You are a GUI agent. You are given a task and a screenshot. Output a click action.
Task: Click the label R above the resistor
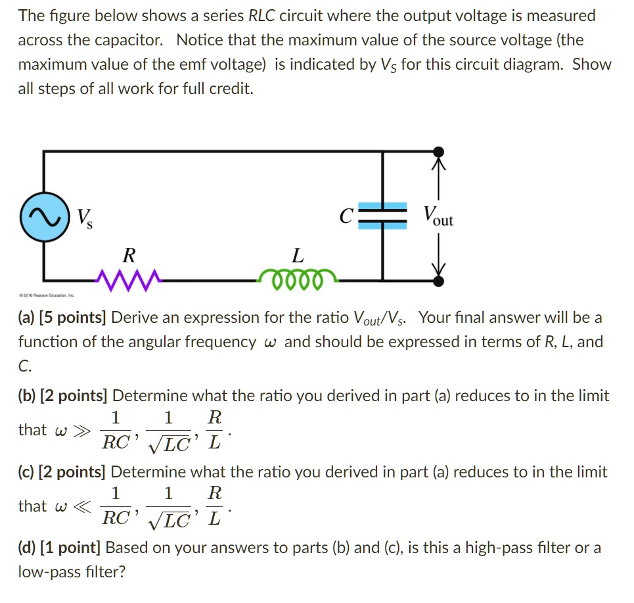pos(129,254)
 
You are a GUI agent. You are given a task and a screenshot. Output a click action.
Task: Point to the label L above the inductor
pos(298,254)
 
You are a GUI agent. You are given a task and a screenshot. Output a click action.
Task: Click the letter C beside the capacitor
pos(347,216)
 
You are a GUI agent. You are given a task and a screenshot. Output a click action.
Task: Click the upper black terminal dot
pos(438,153)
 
